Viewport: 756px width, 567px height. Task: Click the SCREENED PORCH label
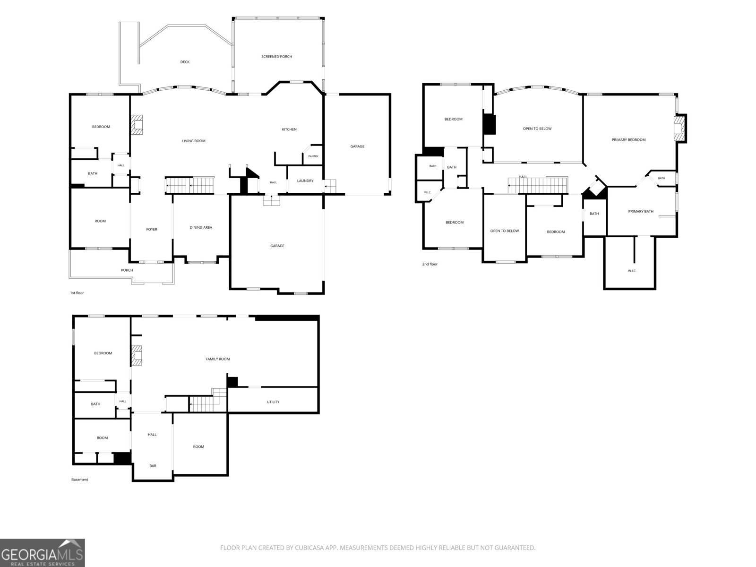coord(276,56)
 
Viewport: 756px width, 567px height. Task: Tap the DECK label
coord(185,62)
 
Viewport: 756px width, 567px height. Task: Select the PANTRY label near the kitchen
coord(313,156)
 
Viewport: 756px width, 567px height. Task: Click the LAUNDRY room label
coord(305,181)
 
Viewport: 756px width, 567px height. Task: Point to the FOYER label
coord(152,229)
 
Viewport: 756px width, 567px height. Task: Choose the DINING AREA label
coord(201,228)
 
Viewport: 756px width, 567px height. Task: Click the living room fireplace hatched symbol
coord(137,124)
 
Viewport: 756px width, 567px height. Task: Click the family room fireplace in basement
coord(137,355)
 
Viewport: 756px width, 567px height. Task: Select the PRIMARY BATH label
coord(641,211)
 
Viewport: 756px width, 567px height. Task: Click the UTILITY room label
coord(273,402)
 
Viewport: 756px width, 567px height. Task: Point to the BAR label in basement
coord(153,466)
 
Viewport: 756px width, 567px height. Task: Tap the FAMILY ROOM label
coord(218,359)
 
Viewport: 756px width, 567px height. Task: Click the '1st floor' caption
coord(77,293)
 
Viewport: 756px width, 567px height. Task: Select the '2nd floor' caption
coord(430,264)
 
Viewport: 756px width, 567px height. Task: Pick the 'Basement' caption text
coord(79,480)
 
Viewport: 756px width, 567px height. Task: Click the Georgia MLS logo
coord(43,553)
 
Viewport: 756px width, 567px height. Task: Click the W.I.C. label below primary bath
coord(632,271)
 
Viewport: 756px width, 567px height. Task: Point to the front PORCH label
coord(127,270)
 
